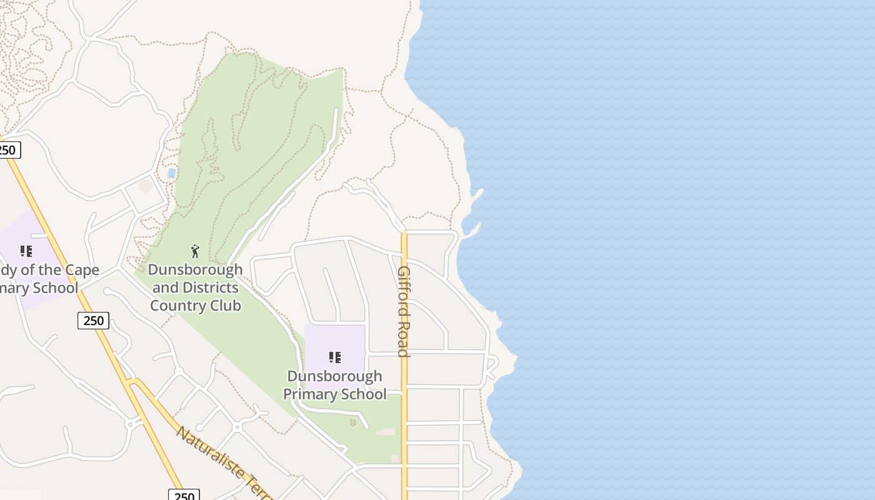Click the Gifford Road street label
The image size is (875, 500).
click(x=404, y=311)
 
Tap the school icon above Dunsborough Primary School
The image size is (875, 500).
click(x=335, y=357)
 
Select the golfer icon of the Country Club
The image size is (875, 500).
click(x=195, y=251)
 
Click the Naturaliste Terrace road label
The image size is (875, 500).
click(x=225, y=462)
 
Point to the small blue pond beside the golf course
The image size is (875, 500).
click(x=171, y=172)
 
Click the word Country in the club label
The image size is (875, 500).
click(x=178, y=306)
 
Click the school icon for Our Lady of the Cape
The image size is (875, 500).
click(x=26, y=251)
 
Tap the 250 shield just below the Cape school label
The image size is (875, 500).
click(x=93, y=321)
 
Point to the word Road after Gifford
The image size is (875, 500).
click(x=404, y=339)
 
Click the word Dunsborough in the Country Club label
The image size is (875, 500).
click(x=195, y=270)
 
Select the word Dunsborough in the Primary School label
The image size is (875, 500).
click(x=334, y=376)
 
